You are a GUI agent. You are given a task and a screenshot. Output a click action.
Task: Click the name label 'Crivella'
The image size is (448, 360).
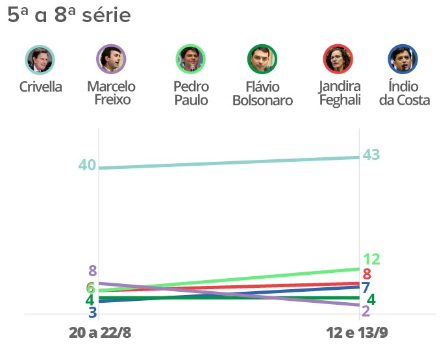(40, 86)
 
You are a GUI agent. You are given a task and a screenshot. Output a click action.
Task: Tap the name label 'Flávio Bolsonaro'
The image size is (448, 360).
(262, 93)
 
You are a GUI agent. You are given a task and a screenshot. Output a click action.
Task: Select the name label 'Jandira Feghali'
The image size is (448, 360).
(340, 93)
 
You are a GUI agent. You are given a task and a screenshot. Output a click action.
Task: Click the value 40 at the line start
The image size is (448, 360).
(87, 165)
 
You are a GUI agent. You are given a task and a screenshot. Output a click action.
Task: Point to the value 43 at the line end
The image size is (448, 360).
(371, 155)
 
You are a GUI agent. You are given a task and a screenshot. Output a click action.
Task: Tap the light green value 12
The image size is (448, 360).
(371, 259)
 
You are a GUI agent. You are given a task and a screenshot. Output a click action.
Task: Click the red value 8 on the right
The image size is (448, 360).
(367, 274)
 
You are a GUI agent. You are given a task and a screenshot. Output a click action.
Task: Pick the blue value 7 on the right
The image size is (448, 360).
(366, 287)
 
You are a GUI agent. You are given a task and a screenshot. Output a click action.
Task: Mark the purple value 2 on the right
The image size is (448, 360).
(366, 311)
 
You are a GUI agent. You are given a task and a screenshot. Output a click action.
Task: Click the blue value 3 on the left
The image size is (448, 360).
(92, 313)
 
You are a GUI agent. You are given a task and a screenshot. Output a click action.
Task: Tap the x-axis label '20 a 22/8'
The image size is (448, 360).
(100, 333)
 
